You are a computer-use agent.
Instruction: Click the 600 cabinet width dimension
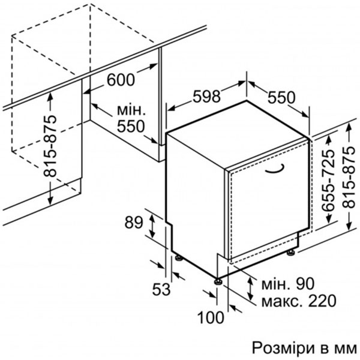click(x=121, y=79)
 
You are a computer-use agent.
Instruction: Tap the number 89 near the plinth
click(x=134, y=223)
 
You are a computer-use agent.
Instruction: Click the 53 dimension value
click(x=161, y=290)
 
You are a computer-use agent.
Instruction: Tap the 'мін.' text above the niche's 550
click(x=131, y=110)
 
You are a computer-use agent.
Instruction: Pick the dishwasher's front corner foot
click(x=218, y=280)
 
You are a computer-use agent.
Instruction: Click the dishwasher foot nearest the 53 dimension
click(x=178, y=259)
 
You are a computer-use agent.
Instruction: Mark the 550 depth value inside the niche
click(x=131, y=127)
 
